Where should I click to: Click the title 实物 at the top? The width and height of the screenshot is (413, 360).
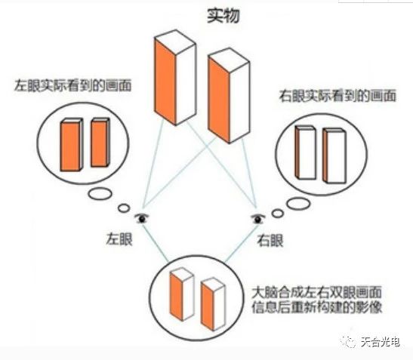coord(223,16)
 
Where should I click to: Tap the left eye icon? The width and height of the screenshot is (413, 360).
coord(142,218)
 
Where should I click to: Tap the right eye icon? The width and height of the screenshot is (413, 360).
coord(257,218)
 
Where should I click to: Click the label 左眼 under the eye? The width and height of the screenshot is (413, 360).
coord(119,238)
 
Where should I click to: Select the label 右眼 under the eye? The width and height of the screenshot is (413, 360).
coord(270,240)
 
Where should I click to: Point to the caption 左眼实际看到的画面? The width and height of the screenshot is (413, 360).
coord(72,85)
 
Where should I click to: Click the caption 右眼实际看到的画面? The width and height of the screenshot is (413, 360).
coord(337,96)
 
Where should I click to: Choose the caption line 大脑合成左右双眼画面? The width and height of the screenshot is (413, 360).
coord(317,292)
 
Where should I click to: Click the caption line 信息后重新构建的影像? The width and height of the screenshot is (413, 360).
coord(317,307)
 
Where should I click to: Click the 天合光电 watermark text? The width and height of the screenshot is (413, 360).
coord(381,342)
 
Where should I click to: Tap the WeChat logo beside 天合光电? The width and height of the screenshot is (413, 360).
coord(349,342)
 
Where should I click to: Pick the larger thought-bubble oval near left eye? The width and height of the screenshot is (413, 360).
coord(100,194)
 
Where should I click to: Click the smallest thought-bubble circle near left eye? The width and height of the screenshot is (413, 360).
coord(124,208)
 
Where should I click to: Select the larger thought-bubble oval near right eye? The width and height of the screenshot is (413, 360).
coord(298,204)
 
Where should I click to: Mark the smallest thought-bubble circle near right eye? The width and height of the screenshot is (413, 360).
coord(278,213)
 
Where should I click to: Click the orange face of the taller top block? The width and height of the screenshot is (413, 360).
coord(165,82)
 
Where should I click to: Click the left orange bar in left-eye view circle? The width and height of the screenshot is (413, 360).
coord(70,146)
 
